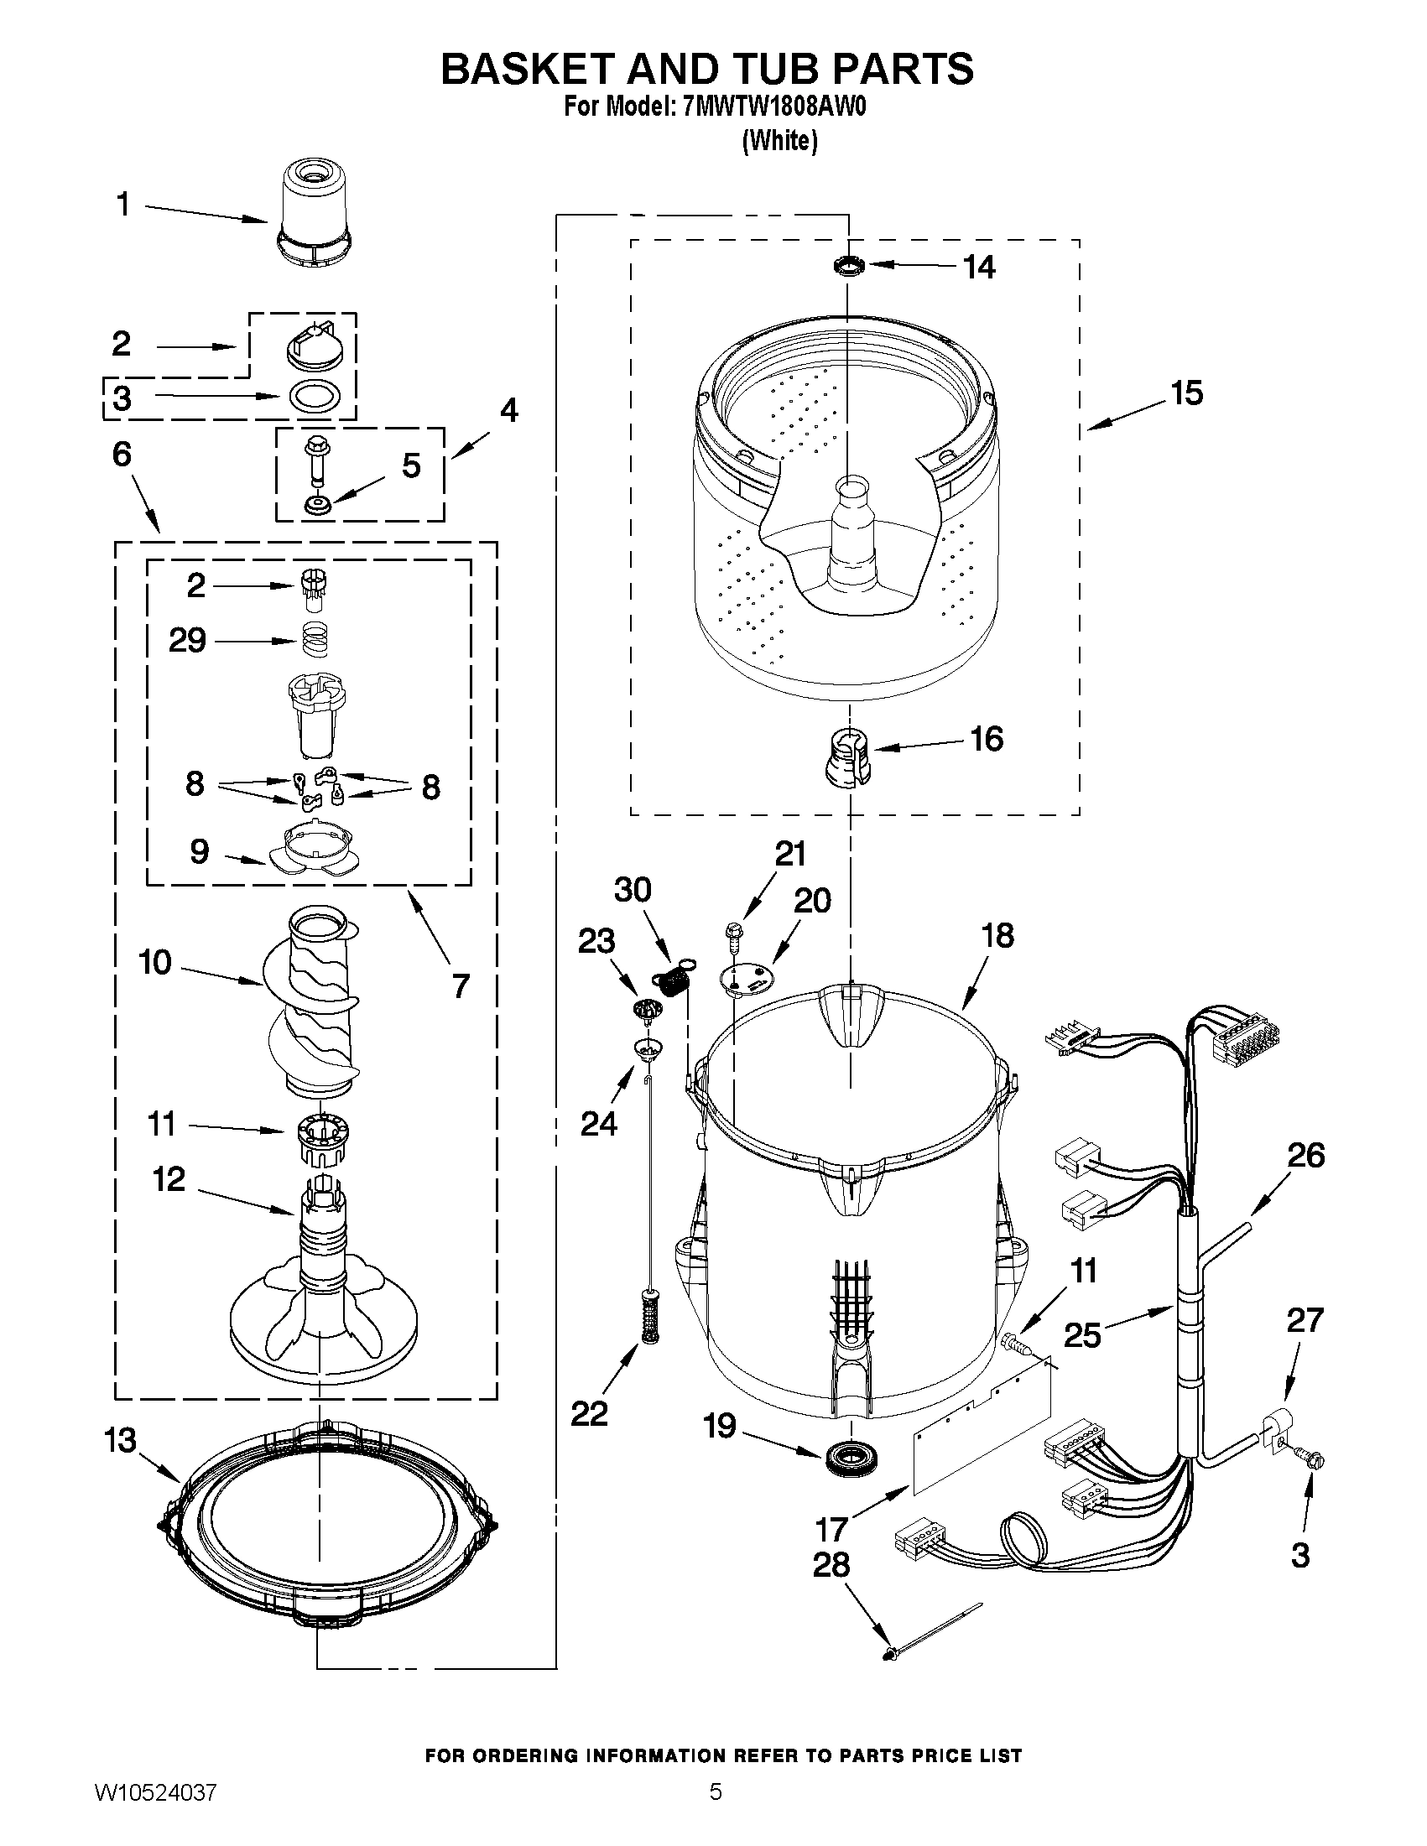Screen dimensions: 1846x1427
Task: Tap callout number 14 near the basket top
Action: click(979, 267)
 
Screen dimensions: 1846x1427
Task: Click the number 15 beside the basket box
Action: click(1186, 393)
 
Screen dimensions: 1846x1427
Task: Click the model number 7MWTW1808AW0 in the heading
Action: click(774, 107)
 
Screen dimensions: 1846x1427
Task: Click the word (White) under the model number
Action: click(779, 140)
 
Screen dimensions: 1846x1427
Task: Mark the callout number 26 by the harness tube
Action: click(1305, 1155)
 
